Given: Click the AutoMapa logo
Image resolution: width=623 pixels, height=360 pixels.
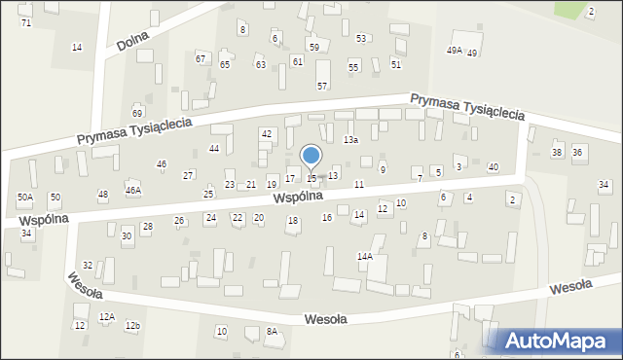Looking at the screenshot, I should click(558, 340).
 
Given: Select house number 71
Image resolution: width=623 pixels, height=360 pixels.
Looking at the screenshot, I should click(25, 22).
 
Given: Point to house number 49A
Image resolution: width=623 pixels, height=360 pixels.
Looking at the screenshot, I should click(454, 51).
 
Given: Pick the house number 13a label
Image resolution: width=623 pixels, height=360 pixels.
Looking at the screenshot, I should click(351, 140).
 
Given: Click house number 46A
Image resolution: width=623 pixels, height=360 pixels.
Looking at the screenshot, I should click(133, 190).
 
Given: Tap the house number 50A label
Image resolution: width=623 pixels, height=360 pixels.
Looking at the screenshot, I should click(25, 198).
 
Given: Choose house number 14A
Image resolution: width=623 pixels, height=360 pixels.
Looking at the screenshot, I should click(365, 256).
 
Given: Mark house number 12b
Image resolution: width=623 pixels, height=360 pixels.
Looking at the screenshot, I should click(133, 325).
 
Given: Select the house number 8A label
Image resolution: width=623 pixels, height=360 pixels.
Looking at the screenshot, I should click(273, 332).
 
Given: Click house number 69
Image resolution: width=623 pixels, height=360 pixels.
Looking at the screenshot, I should click(137, 114).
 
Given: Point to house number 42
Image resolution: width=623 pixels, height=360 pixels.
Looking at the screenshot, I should click(266, 133).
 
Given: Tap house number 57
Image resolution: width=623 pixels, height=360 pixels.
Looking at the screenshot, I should click(322, 87).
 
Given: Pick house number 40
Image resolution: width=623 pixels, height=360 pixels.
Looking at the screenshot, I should click(494, 167).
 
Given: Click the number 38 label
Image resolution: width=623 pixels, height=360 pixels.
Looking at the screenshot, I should click(557, 153).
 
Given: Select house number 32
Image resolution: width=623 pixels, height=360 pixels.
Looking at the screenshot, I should click(88, 265).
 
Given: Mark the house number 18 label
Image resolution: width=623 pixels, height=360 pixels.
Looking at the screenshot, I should click(292, 221).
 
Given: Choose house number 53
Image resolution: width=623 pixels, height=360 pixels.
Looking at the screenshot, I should click(361, 39).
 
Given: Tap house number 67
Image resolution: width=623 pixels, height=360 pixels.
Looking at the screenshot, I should click(201, 59).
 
